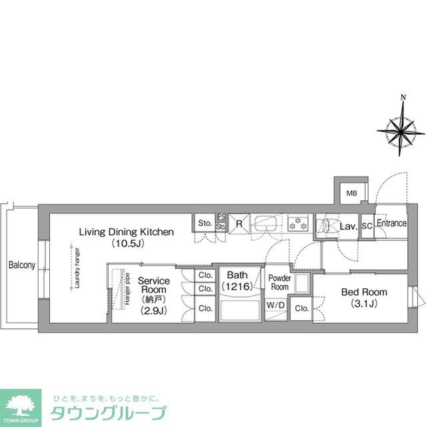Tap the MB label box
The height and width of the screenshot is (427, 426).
tap(351, 194)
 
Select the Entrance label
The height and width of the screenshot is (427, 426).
tap(391, 224)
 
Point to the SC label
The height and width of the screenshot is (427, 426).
tap(367, 227)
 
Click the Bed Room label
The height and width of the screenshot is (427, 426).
tap(364, 292)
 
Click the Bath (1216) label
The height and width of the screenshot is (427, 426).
tap(238, 280)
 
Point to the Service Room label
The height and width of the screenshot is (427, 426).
tap(153, 286)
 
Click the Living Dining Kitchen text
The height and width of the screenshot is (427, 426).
tap(127, 232)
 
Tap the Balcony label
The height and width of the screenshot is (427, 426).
tap(22, 266)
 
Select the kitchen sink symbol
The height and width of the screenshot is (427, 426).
tap(269, 224)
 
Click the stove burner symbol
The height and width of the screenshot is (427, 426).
tap(297, 224)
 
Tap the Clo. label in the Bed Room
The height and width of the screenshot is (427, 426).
tap(302, 308)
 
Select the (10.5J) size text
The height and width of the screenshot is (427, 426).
tap(127, 244)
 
